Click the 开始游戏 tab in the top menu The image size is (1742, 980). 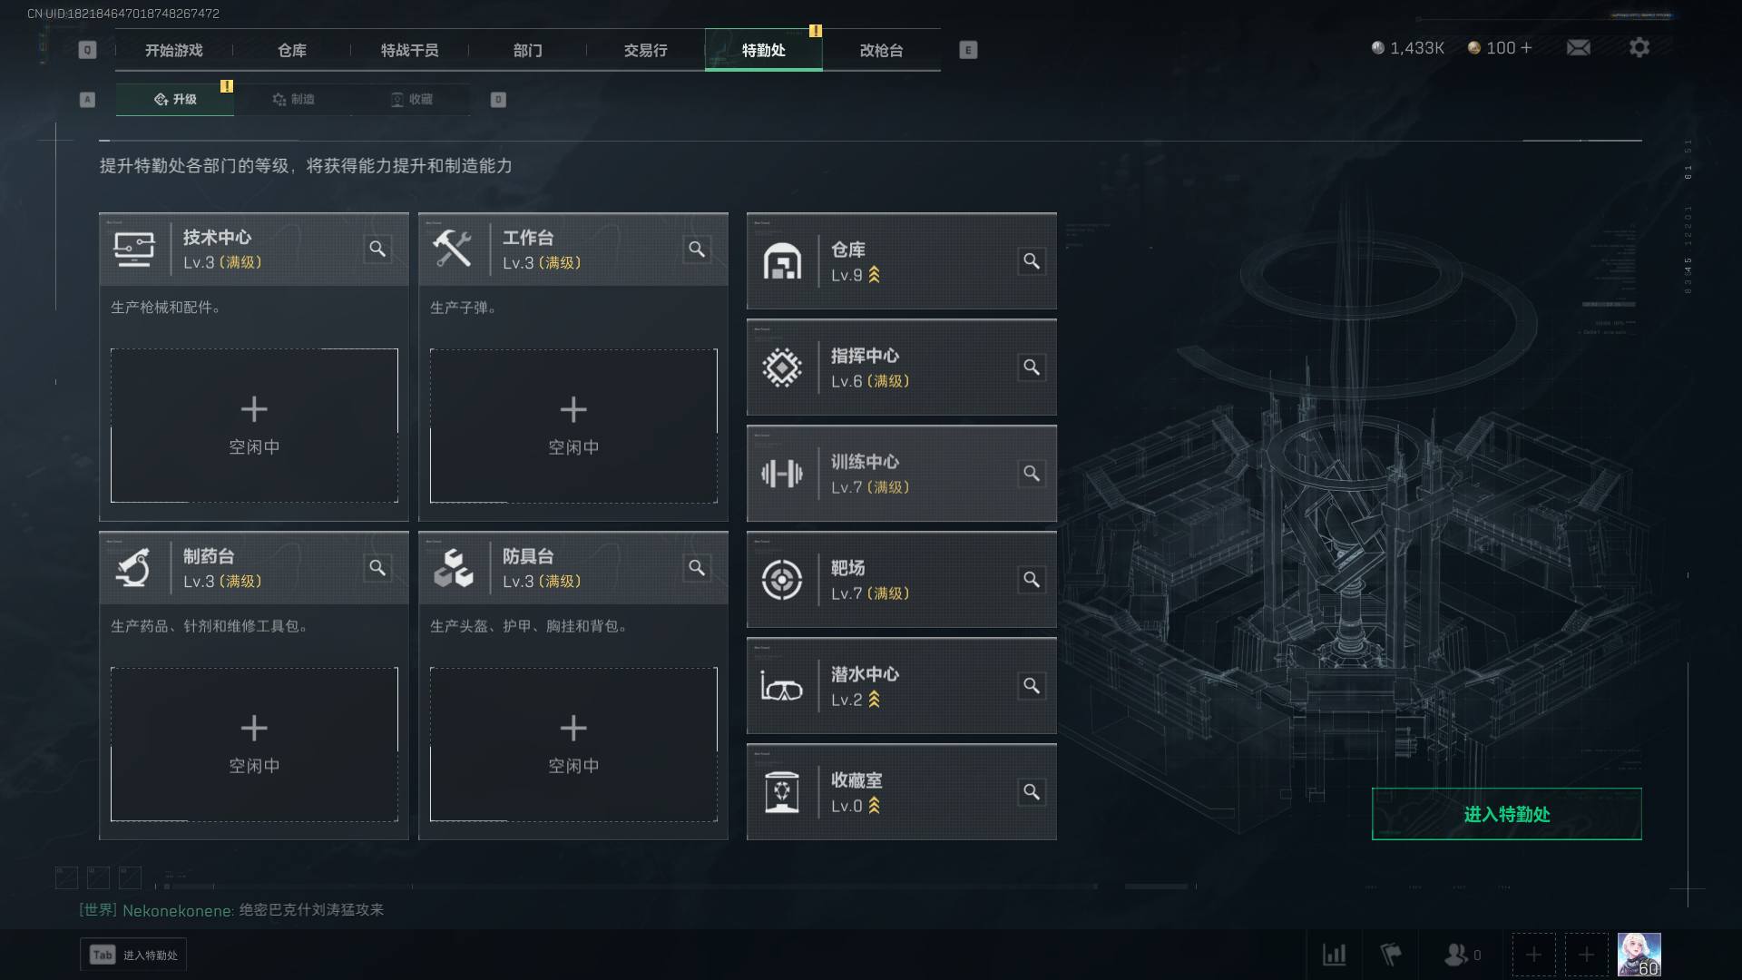coord(173,50)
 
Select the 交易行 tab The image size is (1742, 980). coord(645,50)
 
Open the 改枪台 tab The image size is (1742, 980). coord(881,50)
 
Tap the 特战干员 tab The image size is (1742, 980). coord(409,50)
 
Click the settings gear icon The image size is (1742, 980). coord(1639,47)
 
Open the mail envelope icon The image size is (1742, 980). coord(1578,47)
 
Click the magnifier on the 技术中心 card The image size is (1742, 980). coord(377,249)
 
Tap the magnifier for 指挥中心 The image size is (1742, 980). coord(1032,367)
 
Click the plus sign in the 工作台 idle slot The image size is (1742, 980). coord(573,409)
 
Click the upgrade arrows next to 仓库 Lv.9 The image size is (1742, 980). coord(875,274)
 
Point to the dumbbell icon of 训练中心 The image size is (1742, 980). coord(781,473)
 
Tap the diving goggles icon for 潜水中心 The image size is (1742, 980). coord(781,687)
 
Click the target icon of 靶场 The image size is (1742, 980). coord(781,580)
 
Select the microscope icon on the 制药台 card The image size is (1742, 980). coord(133,568)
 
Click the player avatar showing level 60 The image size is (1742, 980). coord(1639,955)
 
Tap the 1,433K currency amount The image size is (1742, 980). coord(1416,48)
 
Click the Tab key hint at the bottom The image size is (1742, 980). coord(103,955)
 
